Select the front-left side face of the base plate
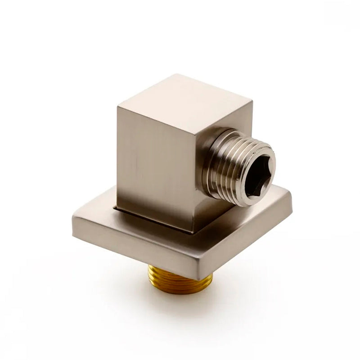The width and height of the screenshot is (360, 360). coord(130,245)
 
